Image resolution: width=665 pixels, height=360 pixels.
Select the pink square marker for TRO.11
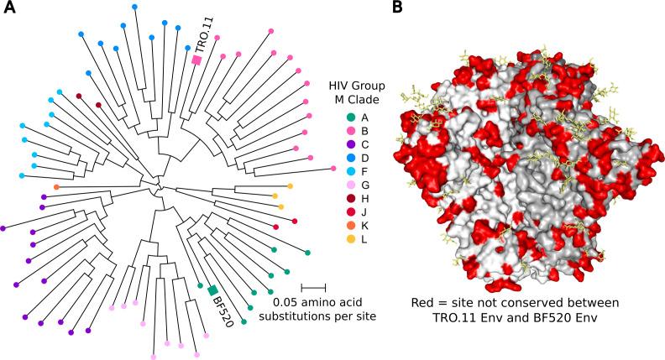196,60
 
